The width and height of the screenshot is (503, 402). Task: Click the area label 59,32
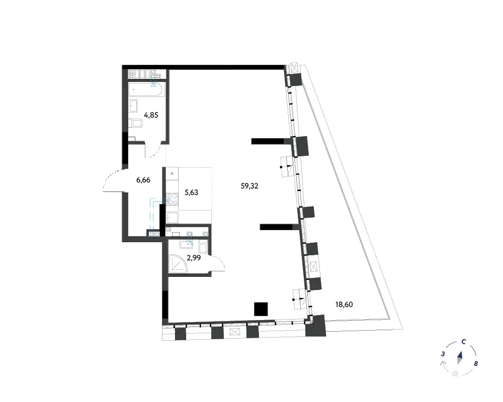tap(249, 186)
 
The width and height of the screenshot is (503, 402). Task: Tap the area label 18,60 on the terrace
tap(344, 305)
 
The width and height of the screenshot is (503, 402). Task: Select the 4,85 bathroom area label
tap(151, 115)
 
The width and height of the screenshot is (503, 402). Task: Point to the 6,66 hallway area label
tap(143, 180)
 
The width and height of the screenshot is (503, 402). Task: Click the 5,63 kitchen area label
tap(191, 192)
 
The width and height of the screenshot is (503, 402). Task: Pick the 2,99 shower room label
tap(194, 257)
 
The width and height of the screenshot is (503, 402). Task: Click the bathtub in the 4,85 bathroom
tap(147, 89)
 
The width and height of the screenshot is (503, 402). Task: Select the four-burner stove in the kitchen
tap(172, 199)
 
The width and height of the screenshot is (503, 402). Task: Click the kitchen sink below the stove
tap(172, 218)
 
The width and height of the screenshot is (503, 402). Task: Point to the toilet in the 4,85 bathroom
tap(135, 124)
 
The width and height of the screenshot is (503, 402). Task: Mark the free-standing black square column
tap(261, 309)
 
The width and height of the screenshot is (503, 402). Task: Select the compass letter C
tap(464, 342)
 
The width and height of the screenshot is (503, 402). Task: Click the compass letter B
tap(476, 364)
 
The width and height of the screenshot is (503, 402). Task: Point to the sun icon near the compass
tap(455, 373)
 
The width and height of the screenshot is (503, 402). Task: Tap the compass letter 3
tap(443, 354)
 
